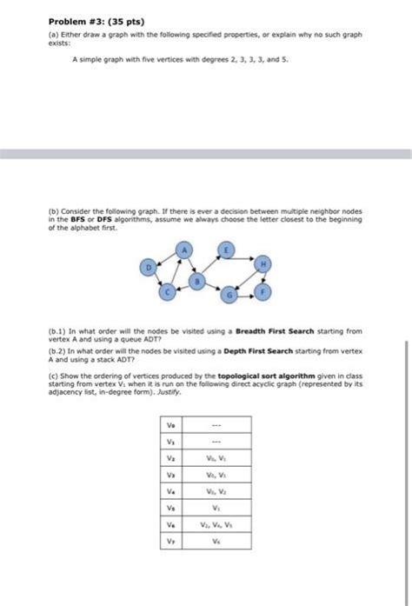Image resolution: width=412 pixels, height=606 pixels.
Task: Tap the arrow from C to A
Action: pyautogui.click(x=176, y=272)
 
